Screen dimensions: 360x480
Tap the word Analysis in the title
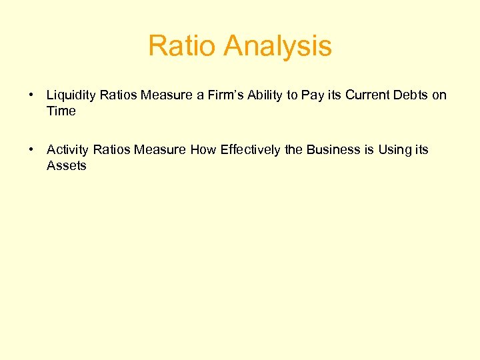[x=278, y=46]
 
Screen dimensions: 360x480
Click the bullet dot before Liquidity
[x=32, y=95]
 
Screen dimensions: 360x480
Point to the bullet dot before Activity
[x=32, y=150]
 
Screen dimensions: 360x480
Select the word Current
[x=369, y=95]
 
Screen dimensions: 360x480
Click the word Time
[x=61, y=111]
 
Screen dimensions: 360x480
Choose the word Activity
[x=67, y=150]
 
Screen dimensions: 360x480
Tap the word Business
[x=334, y=150]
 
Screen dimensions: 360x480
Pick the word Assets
[x=67, y=166]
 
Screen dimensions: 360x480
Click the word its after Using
[x=422, y=150]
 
